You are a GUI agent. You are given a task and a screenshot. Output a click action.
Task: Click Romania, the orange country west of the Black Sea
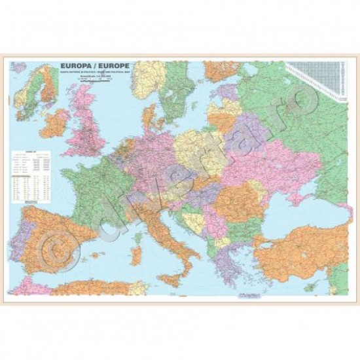click(233, 196)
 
